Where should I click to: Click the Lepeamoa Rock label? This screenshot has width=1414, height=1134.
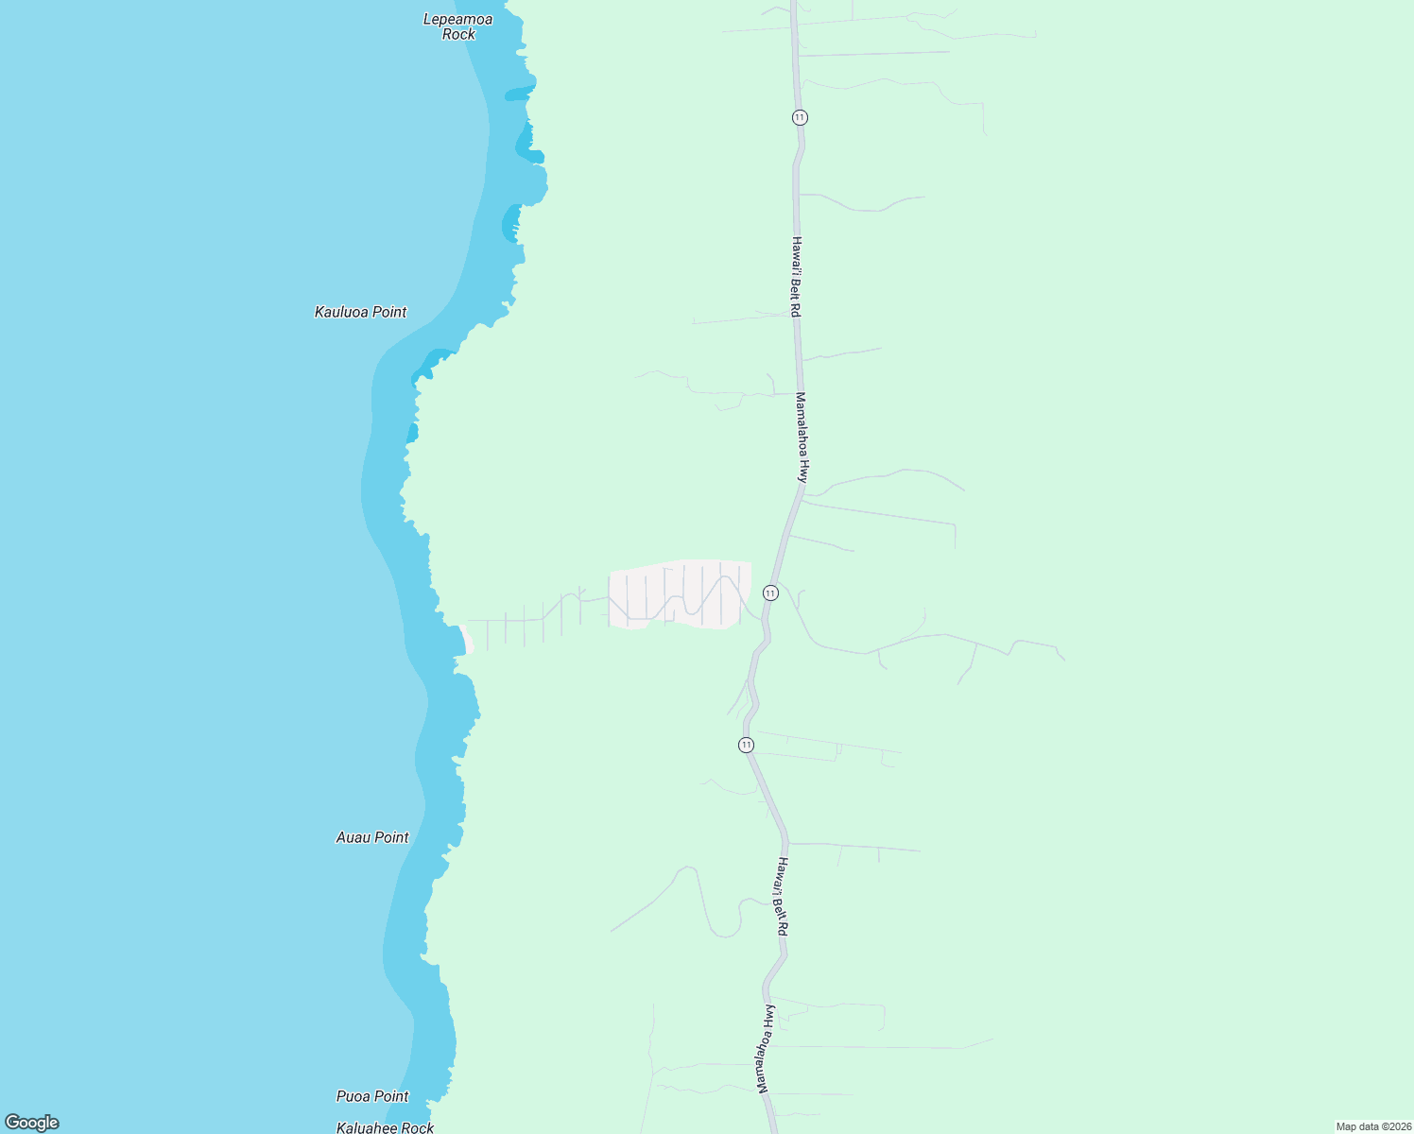click(x=458, y=26)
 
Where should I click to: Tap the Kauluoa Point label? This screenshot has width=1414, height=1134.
click(x=360, y=312)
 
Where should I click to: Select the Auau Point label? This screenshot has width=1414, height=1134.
click(x=372, y=837)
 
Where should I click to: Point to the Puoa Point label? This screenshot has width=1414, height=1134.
click(x=372, y=1096)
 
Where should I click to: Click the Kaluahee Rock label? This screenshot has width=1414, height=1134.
click(x=385, y=1127)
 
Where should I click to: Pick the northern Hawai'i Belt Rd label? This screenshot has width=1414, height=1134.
click(x=797, y=277)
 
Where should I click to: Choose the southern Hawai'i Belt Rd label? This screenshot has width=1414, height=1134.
click(x=782, y=897)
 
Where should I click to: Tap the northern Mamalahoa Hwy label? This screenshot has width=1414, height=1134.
click(x=802, y=438)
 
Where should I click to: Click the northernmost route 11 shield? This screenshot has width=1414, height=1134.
click(x=801, y=117)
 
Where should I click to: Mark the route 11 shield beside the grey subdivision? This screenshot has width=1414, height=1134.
click(x=770, y=593)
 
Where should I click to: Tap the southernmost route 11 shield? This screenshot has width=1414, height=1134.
click(x=747, y=745)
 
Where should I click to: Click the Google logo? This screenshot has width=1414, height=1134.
click(x=32, y=1123)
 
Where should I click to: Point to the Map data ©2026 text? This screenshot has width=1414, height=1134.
click(x=1373, y=1126)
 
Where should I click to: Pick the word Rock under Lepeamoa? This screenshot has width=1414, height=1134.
click(x=458, y=35)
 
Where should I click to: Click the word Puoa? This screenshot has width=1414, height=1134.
click(x=353, y=1096)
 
